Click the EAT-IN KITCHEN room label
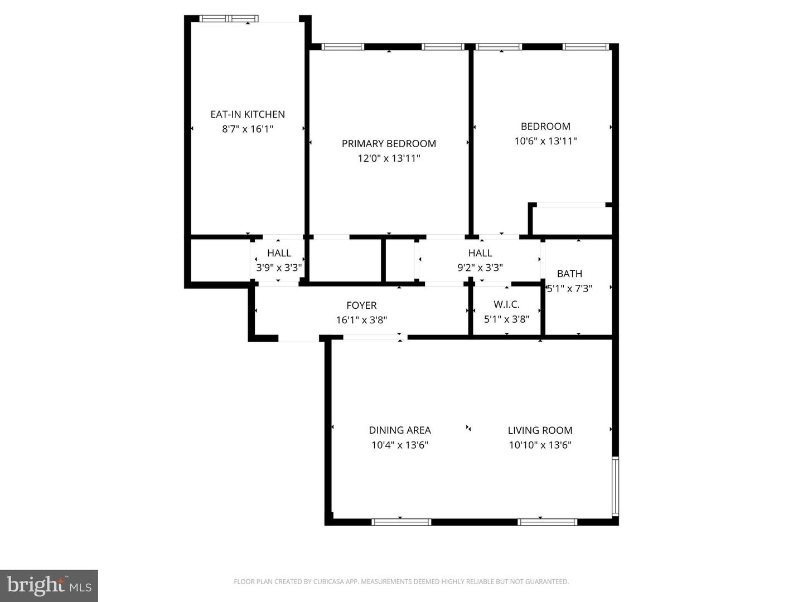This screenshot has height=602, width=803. coord(248,114)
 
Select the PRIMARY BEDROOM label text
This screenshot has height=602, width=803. coord(389,144)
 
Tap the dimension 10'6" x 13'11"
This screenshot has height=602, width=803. coord(545,141)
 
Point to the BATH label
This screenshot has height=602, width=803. coord(569,274)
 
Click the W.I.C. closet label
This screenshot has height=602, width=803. coord(506,305)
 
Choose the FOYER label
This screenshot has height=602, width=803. coord(361,305)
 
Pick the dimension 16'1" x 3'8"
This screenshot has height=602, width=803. coord(361,320)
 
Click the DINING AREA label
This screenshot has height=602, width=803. coord(400,430)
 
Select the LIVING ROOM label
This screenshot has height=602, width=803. coord(540,430)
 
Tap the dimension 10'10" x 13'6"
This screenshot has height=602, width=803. coord(540,445)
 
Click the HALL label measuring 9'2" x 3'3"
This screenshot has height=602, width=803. coord(480,253)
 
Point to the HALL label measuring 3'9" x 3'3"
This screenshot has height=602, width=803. coord(279,253)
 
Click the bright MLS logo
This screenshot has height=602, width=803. coord(49,586)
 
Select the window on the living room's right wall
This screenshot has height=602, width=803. coord(615,486)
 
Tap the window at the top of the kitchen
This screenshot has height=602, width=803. coord(229,19)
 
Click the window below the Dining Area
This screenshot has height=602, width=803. coord(401,522)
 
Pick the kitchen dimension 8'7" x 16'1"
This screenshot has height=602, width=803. coord(248,129)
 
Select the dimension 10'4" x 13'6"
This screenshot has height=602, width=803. coord(400,445)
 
